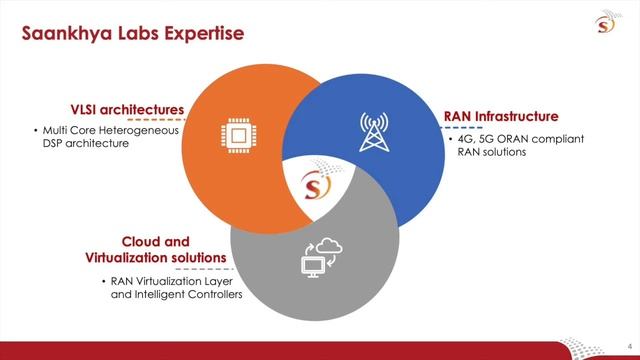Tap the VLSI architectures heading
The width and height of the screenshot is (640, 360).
click(x=127, y=109)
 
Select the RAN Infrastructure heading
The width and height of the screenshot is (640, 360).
click(x=500, y=117)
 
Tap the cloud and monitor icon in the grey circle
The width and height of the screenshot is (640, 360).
click(x=321, y=257)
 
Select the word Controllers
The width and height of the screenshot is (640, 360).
click(x=214, y=295)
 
